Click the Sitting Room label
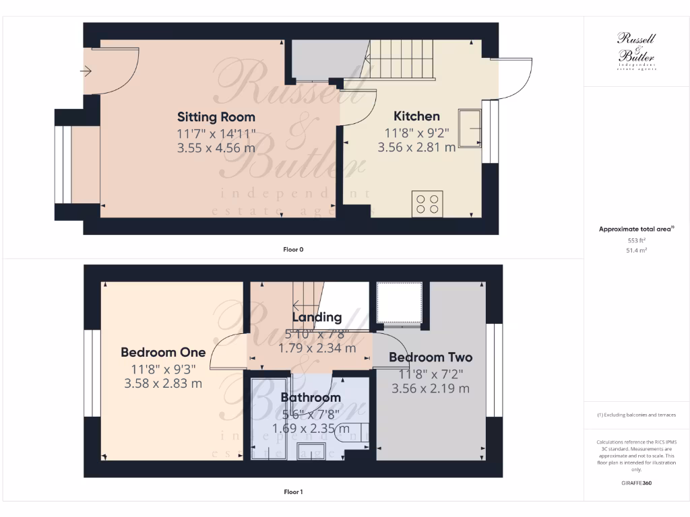(x=216, y=116)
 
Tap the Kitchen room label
(x=416, y=116)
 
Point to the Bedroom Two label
(x=431, y=357)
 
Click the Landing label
(x=317, y=317)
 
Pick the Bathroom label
(x=311, y=397)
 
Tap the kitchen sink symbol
(x=470, y=128)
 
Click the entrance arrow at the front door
(x=86, y=71)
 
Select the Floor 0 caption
(x=293, y=250)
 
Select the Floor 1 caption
(x=293, y=492)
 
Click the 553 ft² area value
(x=636, y=240)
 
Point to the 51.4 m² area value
(x=636, y=250)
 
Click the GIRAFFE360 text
(x=636, y=483)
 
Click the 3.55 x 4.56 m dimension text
(x=216, y=147)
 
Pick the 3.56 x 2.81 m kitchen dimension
(x=416, y=147)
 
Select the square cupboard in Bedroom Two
(x=400, y=302)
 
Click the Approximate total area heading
(x=635, y=230)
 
